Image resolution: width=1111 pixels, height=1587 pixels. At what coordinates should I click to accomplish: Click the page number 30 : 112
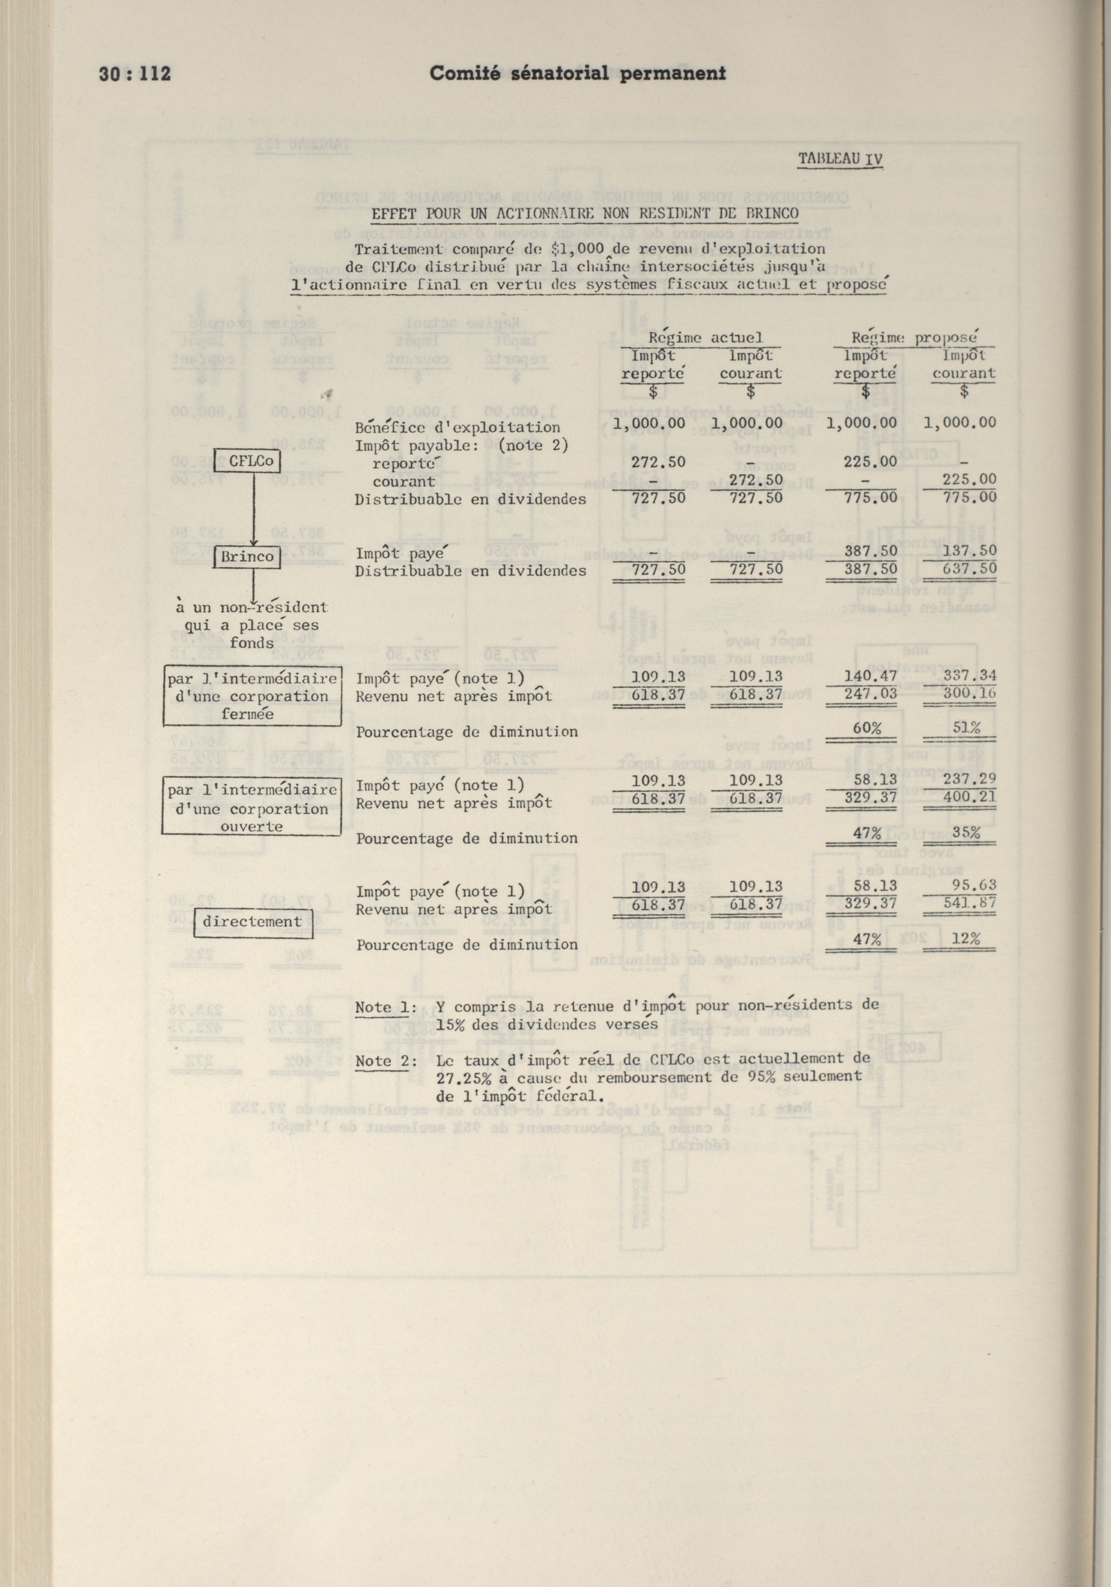coord(136,74)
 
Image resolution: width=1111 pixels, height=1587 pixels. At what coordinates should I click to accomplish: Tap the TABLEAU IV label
coord(840,159)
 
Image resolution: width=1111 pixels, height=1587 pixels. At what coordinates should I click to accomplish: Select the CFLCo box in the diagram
coord(247,460)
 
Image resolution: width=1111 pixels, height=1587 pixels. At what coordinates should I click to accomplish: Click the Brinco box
coord(247,556)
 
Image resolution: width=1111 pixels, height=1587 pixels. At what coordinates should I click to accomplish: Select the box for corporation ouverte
coord(252,807)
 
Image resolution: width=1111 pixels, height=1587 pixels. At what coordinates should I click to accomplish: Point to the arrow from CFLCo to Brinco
coord(253,508)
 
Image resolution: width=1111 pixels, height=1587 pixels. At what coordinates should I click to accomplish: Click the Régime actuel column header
coord(705,337)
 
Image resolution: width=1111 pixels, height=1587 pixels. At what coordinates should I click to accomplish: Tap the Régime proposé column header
coord(914,337)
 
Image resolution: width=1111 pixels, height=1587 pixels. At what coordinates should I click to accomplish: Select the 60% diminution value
coord(866,728)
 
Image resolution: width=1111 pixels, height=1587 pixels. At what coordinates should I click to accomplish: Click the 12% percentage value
coord(965,938)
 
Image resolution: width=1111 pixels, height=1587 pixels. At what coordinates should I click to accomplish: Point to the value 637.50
coord(962,569)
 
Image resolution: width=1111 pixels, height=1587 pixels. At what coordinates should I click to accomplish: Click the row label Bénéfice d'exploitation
coord(458,427)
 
